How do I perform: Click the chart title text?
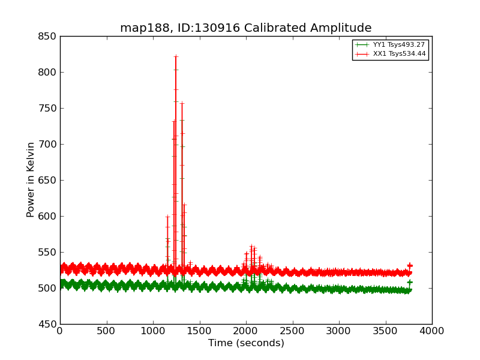(x=245, y=28)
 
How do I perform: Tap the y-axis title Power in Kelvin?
(x=31, y=179)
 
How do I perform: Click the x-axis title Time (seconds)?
(x=246, y=343)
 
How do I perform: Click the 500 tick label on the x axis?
(x=106, y=331)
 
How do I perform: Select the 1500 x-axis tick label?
(x=199, y=331)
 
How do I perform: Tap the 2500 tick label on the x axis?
(x=292, y=331)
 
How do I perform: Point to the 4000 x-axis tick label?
(x=431, y=331)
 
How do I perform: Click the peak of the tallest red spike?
(x=176, y=56)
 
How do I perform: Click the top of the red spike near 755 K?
(x=182, y=103)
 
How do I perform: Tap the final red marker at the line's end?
(x=410, y=265)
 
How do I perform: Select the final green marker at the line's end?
(x=410, y=282)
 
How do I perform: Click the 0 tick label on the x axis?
(x=60, y=331)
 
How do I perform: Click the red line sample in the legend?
(x=361, y=54)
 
